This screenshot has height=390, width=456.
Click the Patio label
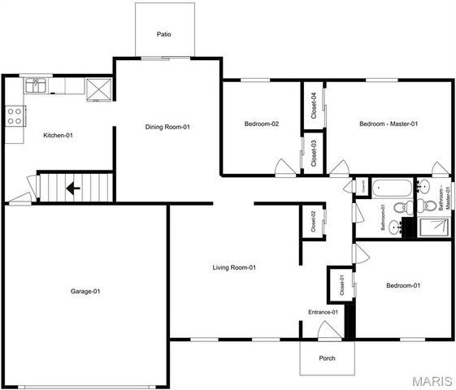(x=164, y=34)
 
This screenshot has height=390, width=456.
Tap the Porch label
(x=327, y=358)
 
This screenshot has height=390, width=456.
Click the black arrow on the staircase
(x=72, y=188)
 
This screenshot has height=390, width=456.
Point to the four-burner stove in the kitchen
(x=14, y=115)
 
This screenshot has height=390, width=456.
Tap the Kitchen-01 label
(x=58, y=135)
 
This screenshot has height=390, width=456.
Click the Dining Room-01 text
(x=167, y=127)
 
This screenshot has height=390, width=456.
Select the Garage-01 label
(x=85, y=291)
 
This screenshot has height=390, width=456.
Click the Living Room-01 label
(x=235, y=267)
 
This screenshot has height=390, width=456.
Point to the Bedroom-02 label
(x=262, y=124)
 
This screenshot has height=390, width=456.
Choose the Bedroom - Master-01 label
(x=389, y=124)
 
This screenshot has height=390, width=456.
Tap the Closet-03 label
(x=314, y=154)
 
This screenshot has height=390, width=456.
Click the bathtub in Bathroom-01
(x=391, y=189)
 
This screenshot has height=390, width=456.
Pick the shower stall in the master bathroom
(x=432, y=228)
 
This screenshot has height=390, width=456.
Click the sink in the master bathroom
(x=424, y=187)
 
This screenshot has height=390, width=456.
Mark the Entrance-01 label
(x=323, y=312)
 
